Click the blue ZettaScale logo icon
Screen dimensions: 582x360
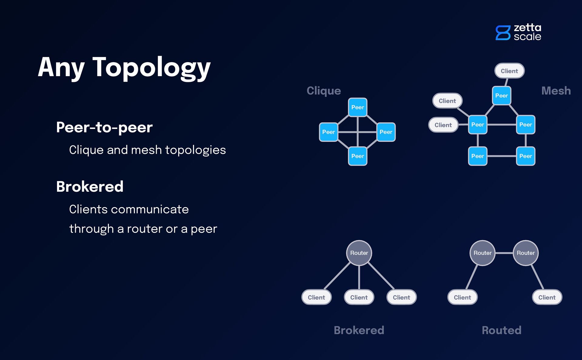503,32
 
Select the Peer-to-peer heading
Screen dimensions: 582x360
104,127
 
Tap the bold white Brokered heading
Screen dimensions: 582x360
90,187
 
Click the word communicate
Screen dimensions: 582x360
150,209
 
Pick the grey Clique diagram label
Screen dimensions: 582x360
324,91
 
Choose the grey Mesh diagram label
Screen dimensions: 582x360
556,91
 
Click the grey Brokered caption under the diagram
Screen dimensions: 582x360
359,330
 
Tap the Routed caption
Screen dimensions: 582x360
501,330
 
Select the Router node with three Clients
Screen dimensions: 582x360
359,253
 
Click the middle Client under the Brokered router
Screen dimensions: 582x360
359,297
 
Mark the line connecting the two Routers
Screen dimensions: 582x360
504,253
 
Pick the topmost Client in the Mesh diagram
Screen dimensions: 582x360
509,71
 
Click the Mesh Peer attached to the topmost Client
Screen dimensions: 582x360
501,96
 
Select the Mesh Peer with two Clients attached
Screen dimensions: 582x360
477,125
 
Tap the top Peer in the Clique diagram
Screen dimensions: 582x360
358,107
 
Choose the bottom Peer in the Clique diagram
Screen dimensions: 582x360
358,156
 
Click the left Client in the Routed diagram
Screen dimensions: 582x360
462,297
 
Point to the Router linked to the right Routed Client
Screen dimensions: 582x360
526,253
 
